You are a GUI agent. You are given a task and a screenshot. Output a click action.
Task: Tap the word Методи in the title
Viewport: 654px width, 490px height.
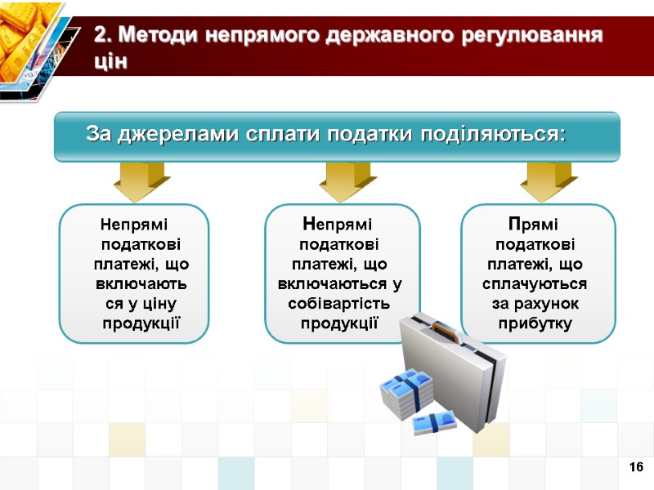(x=159, y=37)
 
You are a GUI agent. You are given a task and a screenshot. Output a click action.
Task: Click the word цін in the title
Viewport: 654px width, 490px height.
(x=111, y=62)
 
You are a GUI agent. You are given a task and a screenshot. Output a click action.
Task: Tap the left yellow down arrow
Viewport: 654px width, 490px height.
(x=141, y=180)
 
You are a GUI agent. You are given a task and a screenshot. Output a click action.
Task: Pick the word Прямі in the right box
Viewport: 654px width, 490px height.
(x=535, y=223)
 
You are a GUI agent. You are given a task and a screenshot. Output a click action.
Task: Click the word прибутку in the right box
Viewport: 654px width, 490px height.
(x=535, y=323)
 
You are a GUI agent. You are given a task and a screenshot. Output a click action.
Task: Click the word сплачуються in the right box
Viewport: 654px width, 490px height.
(x=535, y=284)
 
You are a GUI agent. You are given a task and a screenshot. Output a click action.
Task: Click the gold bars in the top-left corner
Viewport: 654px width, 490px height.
(x=29, y=37)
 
